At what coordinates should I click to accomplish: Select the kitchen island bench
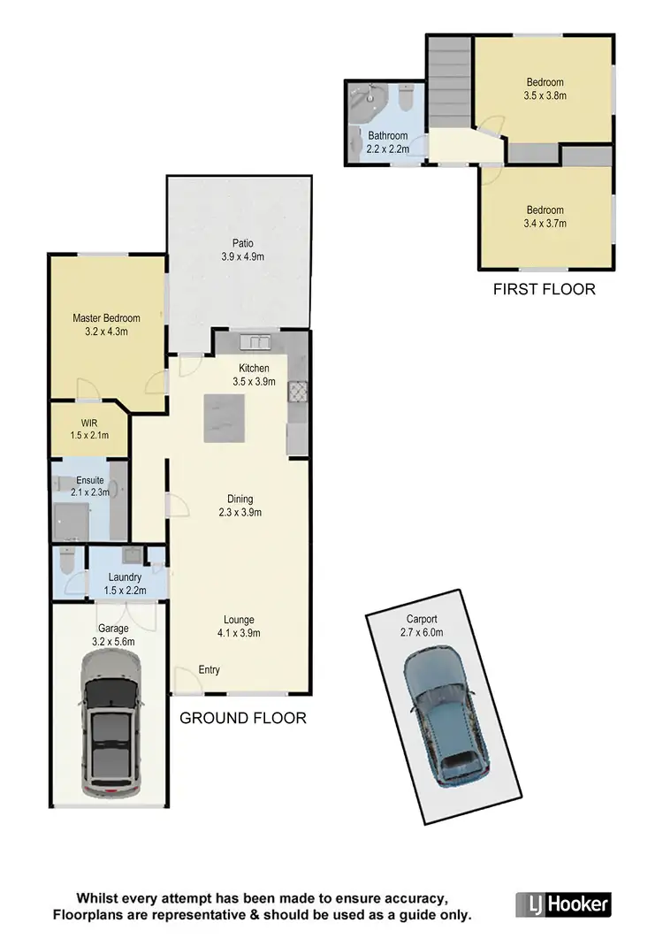pyautogui.click(x=225, y=418)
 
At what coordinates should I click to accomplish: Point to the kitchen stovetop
pyautogui.click(x=298, y=389)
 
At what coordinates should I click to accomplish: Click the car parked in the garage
pyautogui.click(x=111, y=724)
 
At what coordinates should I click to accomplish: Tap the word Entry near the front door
pyautogui.click(x=209, y=669)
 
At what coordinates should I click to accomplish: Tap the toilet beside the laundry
pyautogui.click(x=66, y=561)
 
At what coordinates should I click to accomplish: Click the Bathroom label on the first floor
pyautogui.click(x=388, y=136)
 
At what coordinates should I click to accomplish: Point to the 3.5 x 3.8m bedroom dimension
pyautogui.click(x=545, y=95)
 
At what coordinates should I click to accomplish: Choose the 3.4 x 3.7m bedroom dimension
pyautogui.click(x=545, y=223)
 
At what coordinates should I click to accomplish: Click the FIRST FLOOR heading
pyautogui.click(x=544, y=288)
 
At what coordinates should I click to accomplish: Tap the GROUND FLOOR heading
pyautogui.click(x=243, y=718)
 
